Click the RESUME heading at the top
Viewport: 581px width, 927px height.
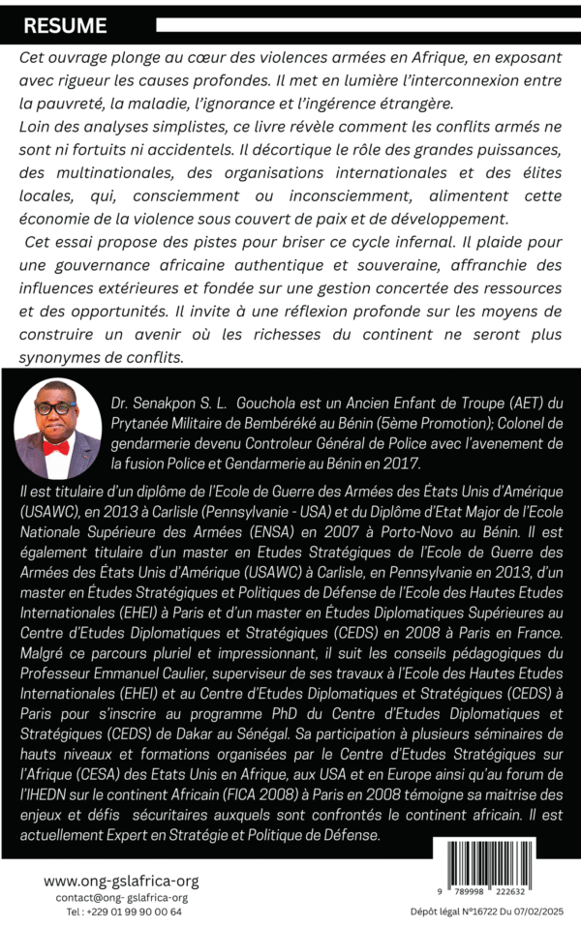[66, 26]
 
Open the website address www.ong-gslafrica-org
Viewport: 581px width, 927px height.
[121, 881]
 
